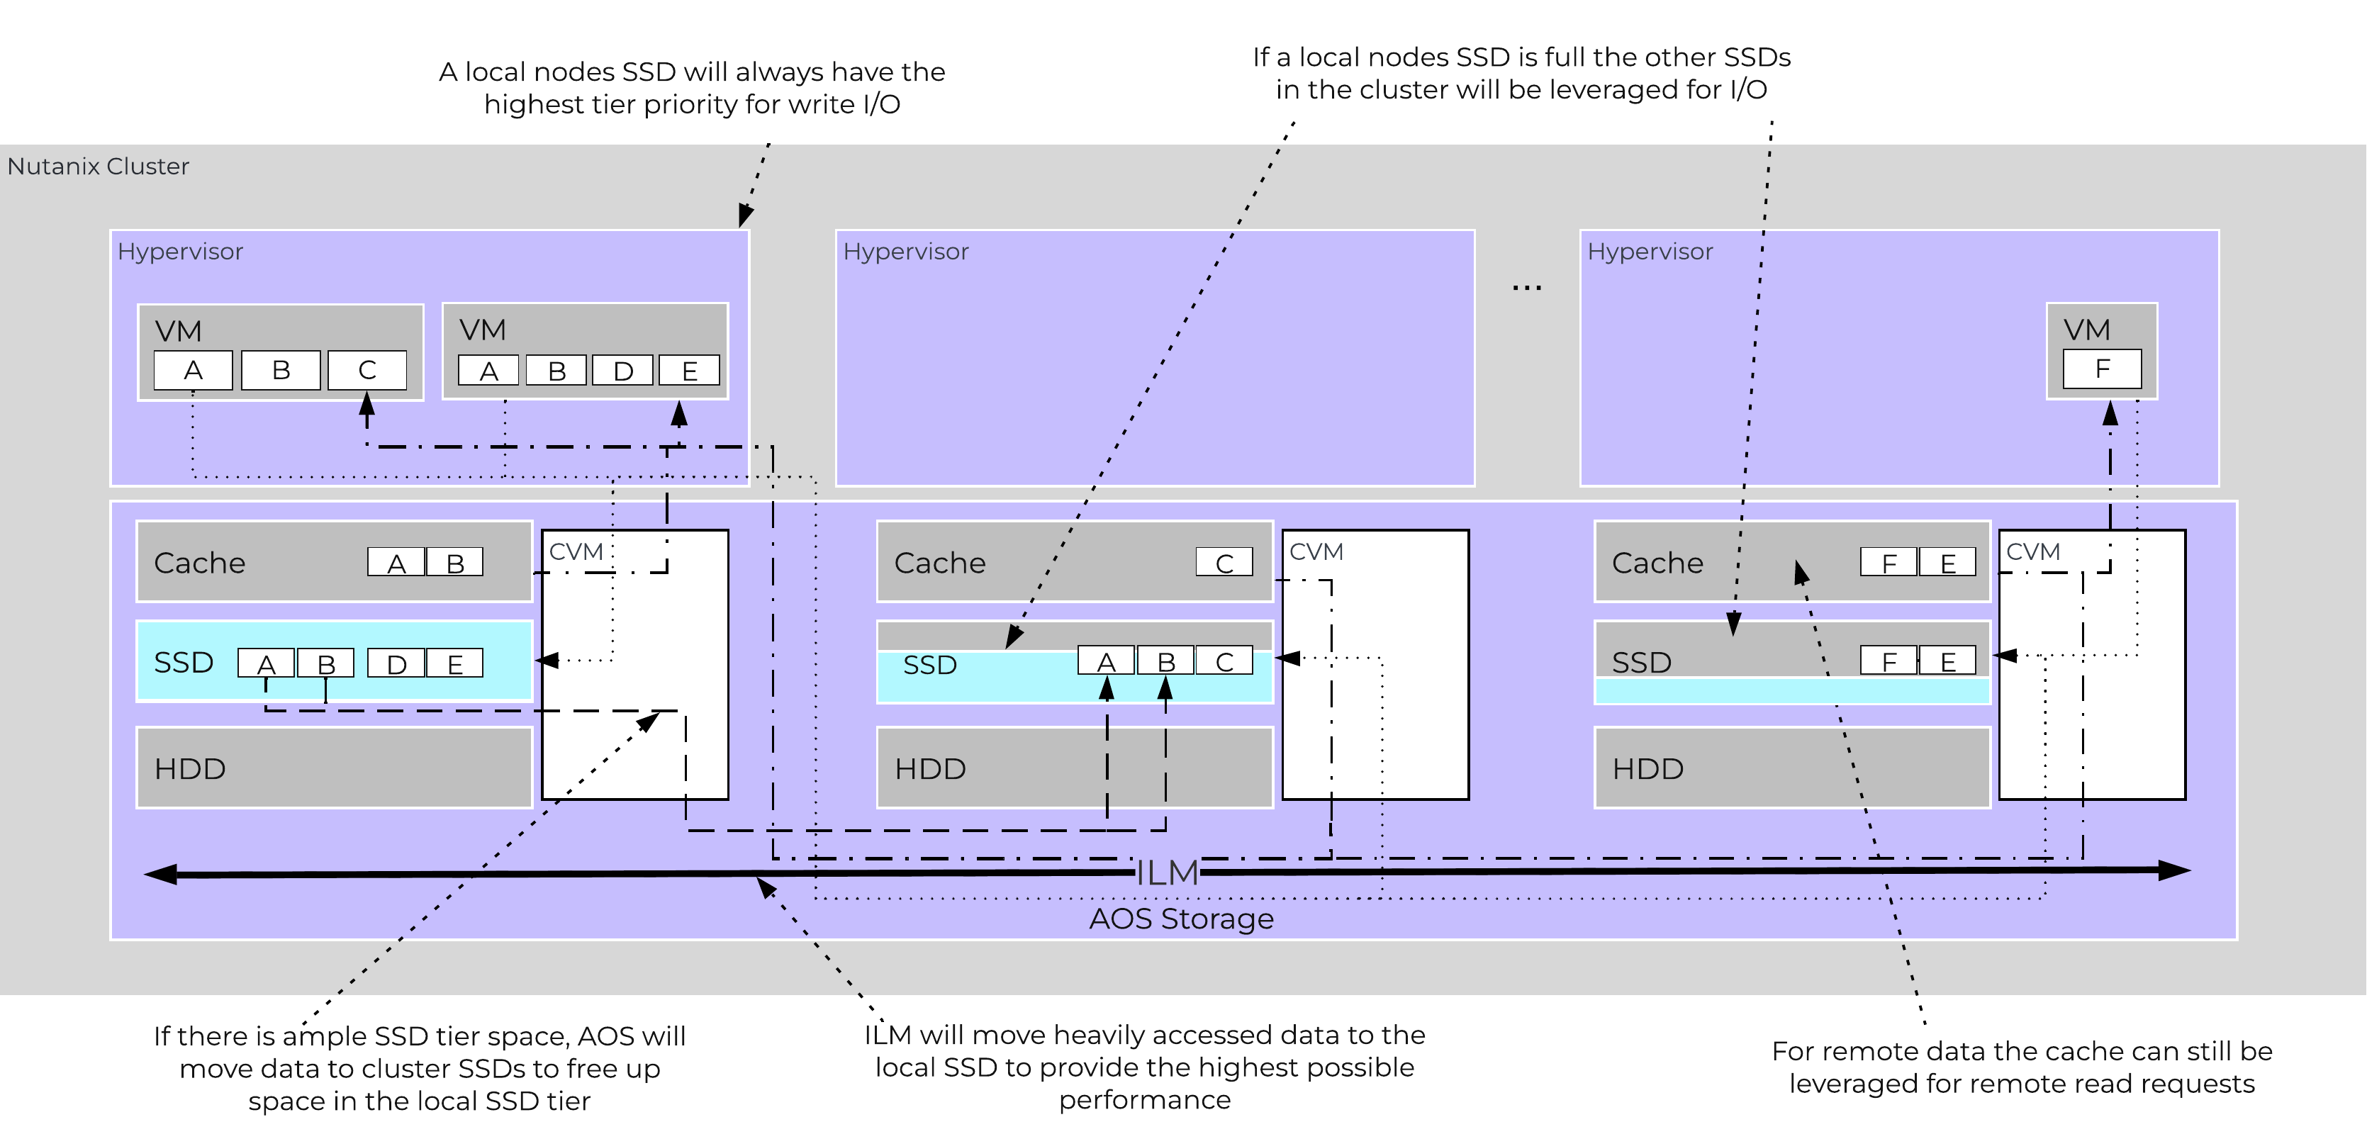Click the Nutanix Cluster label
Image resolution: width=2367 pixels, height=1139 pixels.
(99, 167)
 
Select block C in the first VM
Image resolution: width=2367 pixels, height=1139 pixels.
(366, 370)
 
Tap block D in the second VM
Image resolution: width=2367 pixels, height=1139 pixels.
(622, 371)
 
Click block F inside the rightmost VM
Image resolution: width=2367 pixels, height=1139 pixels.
(2101, 369)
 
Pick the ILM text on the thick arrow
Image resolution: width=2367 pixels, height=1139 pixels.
(1167, 873)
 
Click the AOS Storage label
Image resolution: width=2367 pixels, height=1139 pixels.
(1181, 919)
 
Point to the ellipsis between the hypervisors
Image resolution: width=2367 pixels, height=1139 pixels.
(1526, 288)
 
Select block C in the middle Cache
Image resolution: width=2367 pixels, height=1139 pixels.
(1224, 562)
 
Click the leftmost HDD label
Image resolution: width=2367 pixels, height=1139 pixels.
(190, 769)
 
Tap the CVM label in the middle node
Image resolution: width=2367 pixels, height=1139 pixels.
(1316, 552)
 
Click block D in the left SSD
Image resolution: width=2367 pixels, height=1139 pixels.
(396, 663)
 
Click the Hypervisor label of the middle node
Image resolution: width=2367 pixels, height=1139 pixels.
(905, 252)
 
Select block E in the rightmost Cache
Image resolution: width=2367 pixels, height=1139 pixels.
(1947, 562)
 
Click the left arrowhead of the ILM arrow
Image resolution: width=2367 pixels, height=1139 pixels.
(162, 875)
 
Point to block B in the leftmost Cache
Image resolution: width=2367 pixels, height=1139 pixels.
(454, 562)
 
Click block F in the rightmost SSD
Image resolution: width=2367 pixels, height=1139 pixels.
(1888, 661)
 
